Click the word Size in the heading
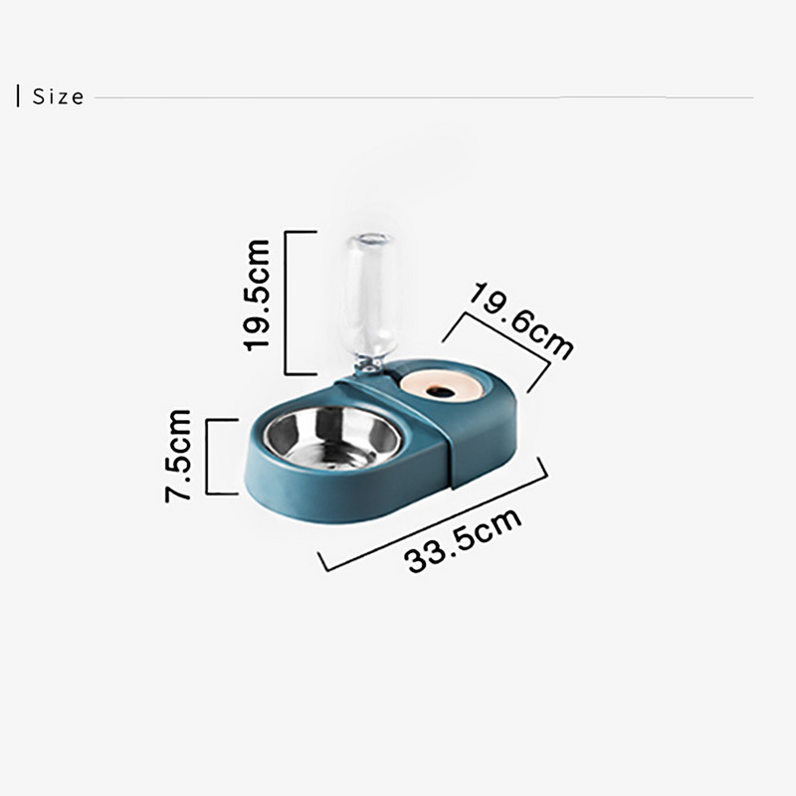pyautogui.click(x=59, y=97)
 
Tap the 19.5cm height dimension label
pyautogui.click(x=257, y=295)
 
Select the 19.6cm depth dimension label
pyautogui.click(x=520, y=320)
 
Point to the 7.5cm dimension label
pyautogui.click(x=178, y=456)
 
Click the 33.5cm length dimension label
pyautogui.click(x=464, y=540)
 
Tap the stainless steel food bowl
pyautogui.click(x=331, y=438)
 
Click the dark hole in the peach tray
pyautogui.click(x=439, y=391)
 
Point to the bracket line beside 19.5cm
pyautogui.click(x=286, y=302)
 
